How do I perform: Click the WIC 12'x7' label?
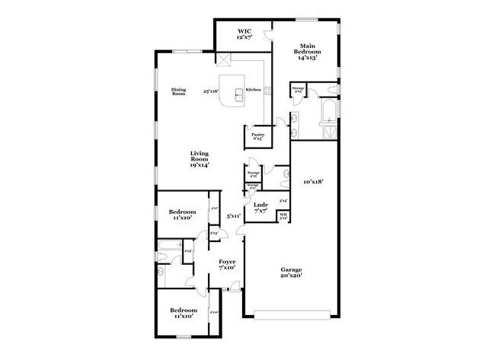pyautogui.click(x=244, y=34)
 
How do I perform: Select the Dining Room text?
pyautogui.click(x=179, y=91)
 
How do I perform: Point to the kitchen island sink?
pyautogui.click(x=238, y=94)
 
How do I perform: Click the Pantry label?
pyautogui.click(x=257, y=136)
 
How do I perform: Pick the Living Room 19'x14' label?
pyautogui.click(x=200, y=158)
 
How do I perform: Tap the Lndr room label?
pyautogui.click(x=260, y=207)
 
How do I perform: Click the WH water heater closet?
pyautogui.click(x=283, y=215)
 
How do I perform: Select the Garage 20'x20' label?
pyautogui.click(x=290, y=272)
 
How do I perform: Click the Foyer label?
pyautogui.click(x=227, y=264)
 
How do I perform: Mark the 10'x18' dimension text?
pyautogui.click(x=314, y=182)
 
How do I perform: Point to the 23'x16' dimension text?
pyautogui.click(x=211, y=91)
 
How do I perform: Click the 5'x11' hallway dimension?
pyautogui.click(x=233, y=216)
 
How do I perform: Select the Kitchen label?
pyautogui.click(x=254, y=90)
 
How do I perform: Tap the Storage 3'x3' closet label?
pyautogui.click(x=298, y=90)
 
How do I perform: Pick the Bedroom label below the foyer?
pyautogui.click(x=183, y=312)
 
